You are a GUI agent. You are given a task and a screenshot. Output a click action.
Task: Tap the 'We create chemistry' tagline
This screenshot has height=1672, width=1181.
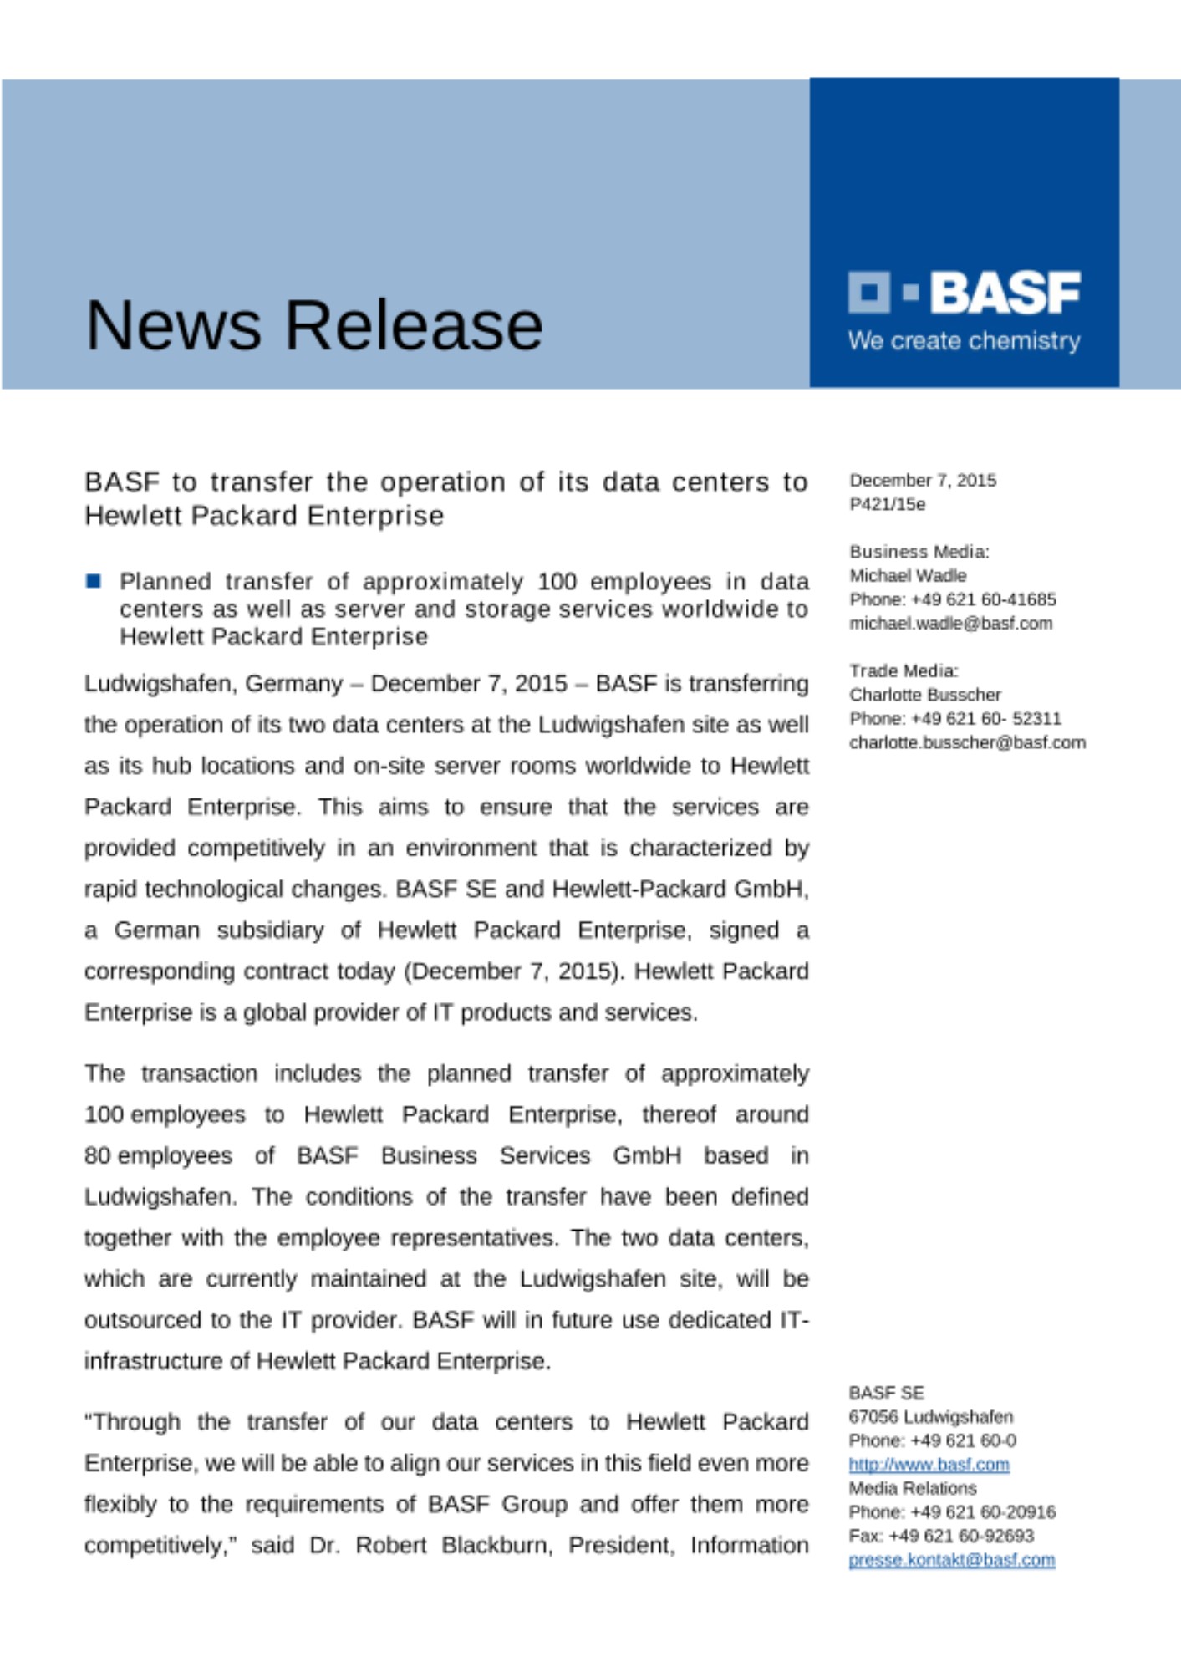pos(964,341)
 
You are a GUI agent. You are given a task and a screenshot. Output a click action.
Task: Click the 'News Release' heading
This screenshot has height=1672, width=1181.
pos(314,325)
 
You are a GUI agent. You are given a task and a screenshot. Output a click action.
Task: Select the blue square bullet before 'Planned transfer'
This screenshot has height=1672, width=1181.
pos(94,580)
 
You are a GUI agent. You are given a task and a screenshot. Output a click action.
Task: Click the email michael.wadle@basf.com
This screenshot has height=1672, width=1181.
pos(950,623)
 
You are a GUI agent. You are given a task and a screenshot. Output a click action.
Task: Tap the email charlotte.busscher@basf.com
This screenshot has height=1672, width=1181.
pos(967,742)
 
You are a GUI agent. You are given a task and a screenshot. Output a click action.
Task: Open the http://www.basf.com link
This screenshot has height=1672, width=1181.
pos(929,1464)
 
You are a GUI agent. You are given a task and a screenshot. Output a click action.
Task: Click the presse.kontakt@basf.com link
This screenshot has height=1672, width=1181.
pos(951,1559)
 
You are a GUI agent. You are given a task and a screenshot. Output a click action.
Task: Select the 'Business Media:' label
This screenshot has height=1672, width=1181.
pos(919,552)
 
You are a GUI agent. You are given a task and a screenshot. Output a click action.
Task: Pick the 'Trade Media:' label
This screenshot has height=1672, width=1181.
pos(904,670)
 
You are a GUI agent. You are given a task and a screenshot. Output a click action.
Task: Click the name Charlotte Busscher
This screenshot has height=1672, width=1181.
pos(924,695)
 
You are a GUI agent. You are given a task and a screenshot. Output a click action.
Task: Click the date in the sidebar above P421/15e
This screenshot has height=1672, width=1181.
pos(923,480)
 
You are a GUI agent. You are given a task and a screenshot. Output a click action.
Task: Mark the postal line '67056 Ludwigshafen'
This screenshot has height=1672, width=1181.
pos(930,1416)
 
